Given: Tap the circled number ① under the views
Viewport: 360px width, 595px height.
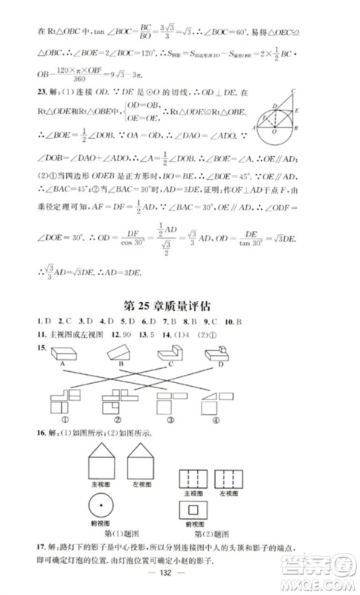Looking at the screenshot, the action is (54, 418).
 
